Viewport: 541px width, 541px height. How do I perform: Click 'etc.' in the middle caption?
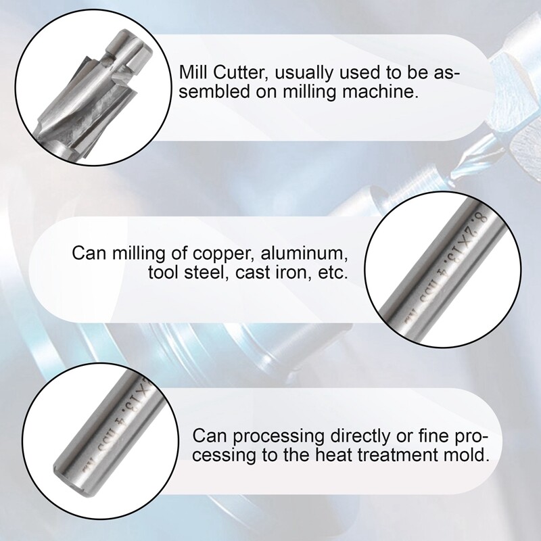coord(331,274)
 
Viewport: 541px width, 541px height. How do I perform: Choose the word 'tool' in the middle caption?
coord(161,274)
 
